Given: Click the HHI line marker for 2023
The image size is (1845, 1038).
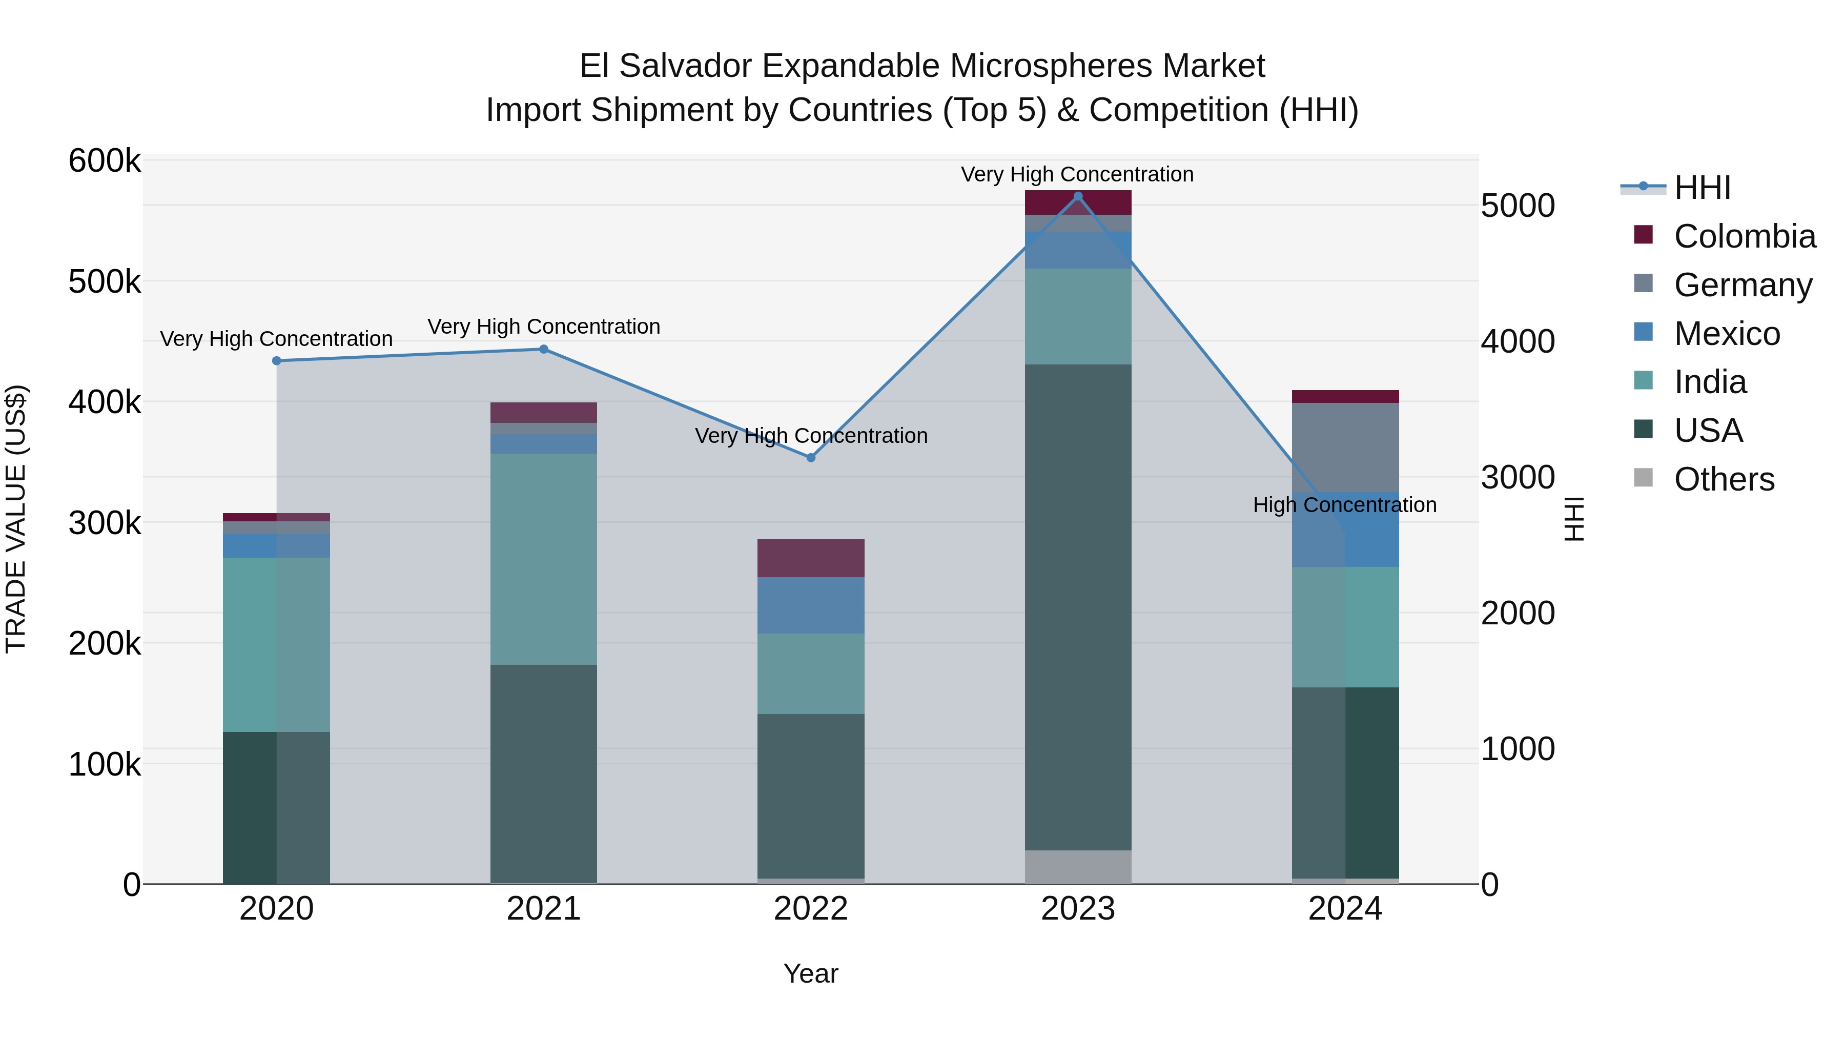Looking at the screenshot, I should point(1078,196).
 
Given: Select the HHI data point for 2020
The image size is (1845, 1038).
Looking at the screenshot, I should point(276,361).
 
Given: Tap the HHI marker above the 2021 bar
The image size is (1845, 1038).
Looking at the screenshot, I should point(544,350).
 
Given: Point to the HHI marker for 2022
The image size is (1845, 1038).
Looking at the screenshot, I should point(811,458).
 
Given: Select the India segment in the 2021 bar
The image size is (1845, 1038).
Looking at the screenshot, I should point(544,559).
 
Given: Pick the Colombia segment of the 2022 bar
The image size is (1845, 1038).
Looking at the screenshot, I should point(811,558).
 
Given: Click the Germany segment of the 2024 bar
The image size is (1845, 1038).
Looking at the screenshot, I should point(1345,447).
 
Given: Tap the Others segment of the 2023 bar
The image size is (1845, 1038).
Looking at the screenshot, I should point(1078,867).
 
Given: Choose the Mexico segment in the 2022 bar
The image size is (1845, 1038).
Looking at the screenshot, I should point(811,605).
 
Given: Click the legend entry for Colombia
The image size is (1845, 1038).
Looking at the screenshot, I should point(1744,236).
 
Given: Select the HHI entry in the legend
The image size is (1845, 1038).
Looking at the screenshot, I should point(1701,188).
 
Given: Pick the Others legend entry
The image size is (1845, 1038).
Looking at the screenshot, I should point(1723,479).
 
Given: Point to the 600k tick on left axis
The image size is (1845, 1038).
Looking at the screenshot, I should point(105,160).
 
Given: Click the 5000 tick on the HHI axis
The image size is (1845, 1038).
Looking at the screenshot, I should point(1518,206).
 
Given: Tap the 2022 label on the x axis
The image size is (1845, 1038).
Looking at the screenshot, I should point(811,909).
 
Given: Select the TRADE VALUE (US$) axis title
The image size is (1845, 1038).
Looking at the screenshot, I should point(16,519).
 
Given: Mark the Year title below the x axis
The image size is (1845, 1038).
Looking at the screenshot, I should point(811,973).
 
